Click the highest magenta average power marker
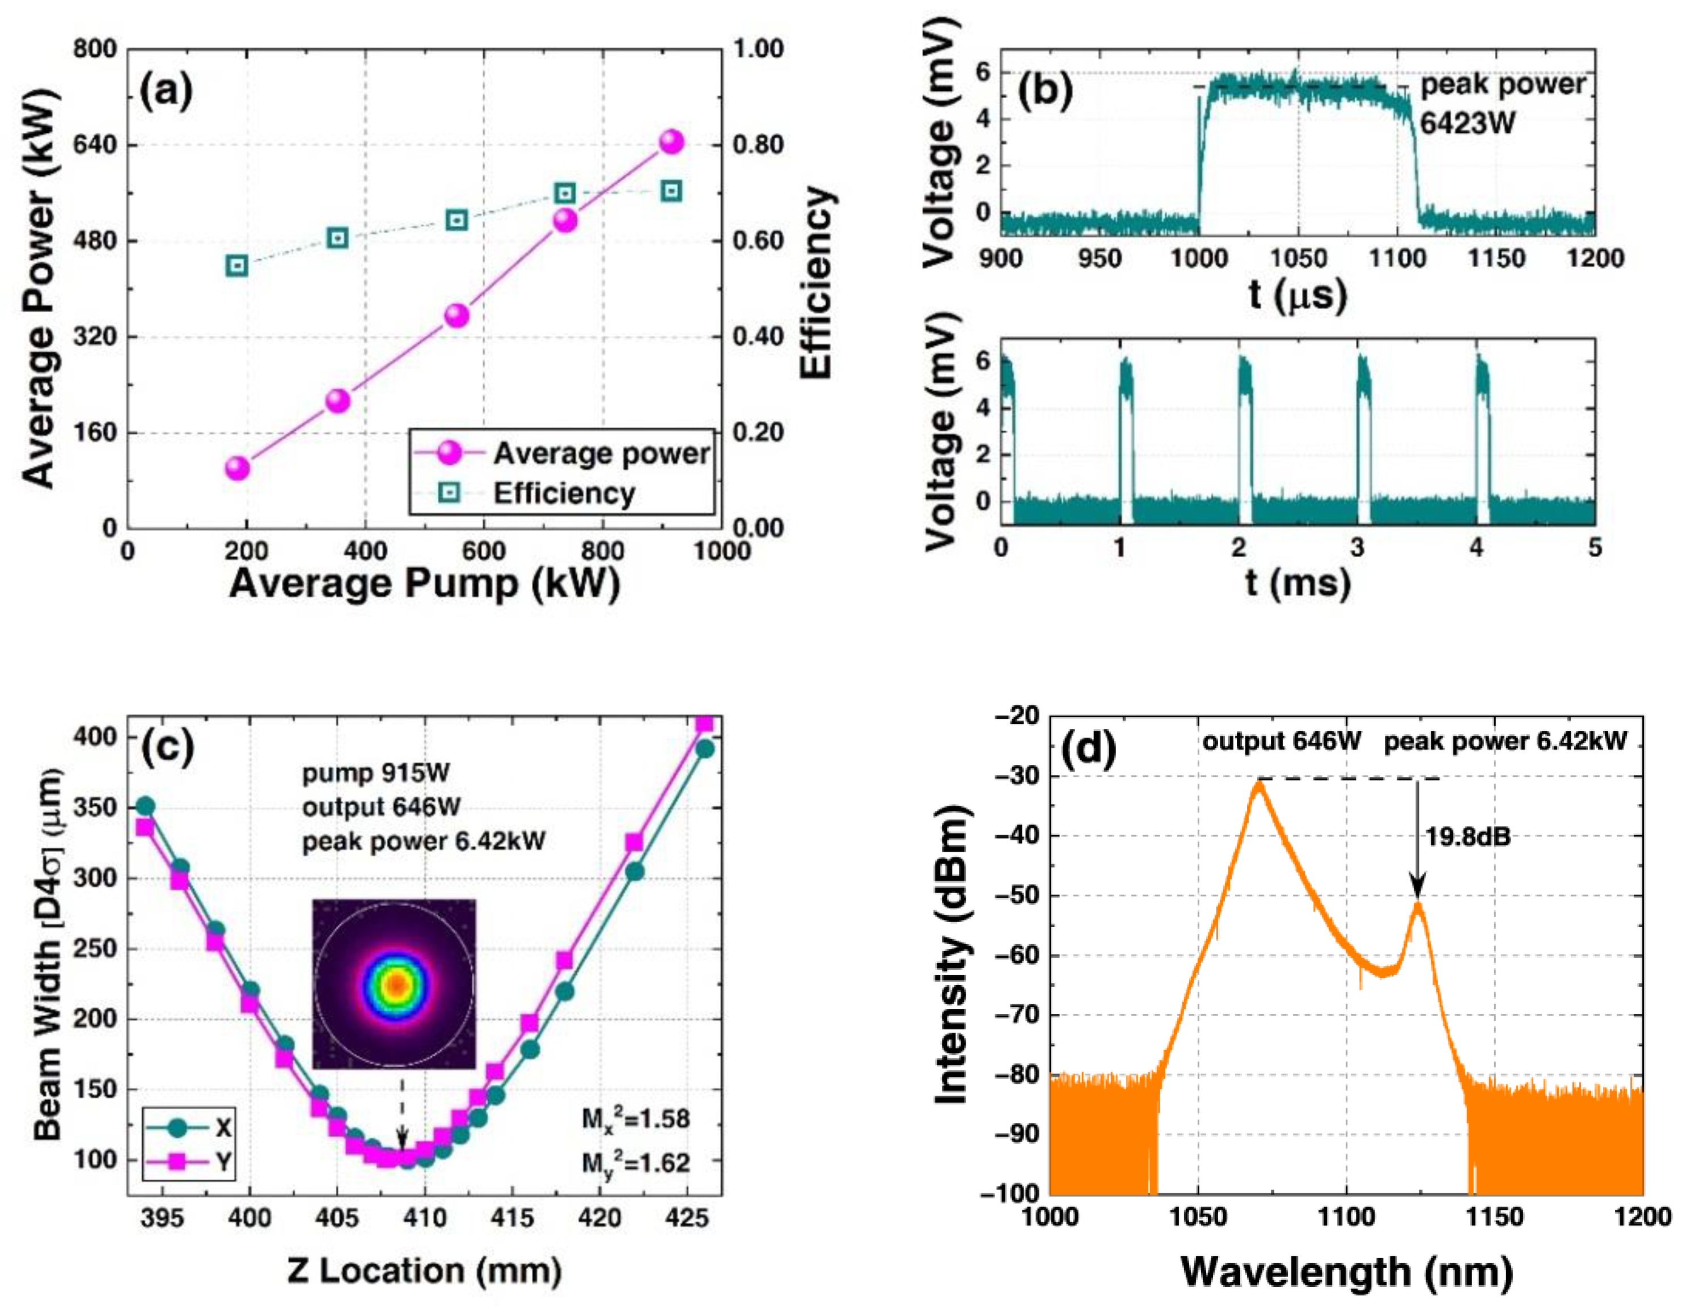(671, 142)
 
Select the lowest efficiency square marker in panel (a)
(238, 266)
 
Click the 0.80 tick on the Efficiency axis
(758, 145)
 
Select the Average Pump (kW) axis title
(424, 583)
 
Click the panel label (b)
(1045, 91)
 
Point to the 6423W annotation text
(1466, 123)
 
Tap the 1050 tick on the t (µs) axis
(1297, 258)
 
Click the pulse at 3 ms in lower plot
(1363, 434)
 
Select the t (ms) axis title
(1297, 583)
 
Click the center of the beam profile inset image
(395, 984)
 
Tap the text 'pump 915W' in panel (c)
(375, 773)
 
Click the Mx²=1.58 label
(635, 1118)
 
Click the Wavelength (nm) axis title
(1346, 1271)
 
